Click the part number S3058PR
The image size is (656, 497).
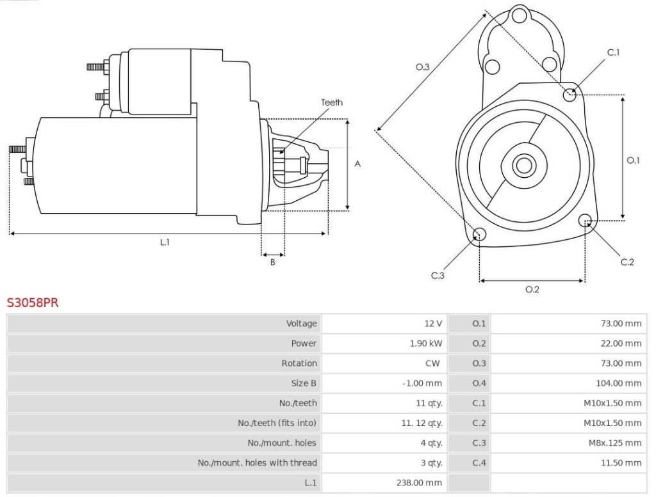click(33, 303)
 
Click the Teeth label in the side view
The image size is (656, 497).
click(332, 102)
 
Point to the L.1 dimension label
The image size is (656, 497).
click(165, 242)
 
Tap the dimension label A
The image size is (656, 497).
click(357, 164)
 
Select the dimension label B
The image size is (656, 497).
click(272, 262)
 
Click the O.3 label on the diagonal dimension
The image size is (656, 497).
click(422, 67)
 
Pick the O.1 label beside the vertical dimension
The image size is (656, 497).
click(633, 160)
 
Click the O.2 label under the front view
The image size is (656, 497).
click(532, 289)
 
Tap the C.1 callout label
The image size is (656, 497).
click(613, 52)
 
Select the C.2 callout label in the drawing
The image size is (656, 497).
click(627, 262)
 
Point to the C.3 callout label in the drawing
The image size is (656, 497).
click(438, 276)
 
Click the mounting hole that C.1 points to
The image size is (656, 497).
click(570, 95)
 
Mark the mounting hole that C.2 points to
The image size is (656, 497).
click(585, 221)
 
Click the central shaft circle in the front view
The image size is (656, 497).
click(524, 166)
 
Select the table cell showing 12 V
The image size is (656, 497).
click(433, 324)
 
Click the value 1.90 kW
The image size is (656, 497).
click(426, 343)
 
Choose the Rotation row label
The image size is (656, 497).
click(299, 363)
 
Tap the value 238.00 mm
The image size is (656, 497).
click(420, 482)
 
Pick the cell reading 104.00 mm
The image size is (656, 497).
click(618, 383)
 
